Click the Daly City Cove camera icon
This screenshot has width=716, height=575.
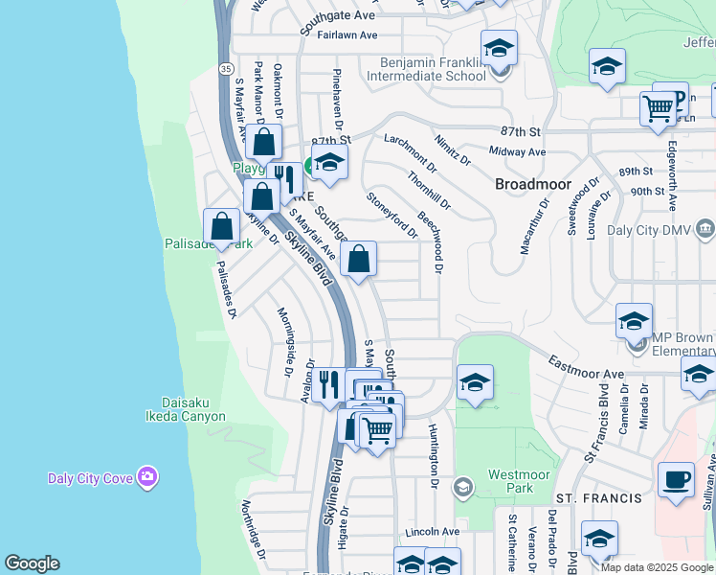(146, 476)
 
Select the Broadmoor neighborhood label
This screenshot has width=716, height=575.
(533, 183)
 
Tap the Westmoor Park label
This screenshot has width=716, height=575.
(518, 481)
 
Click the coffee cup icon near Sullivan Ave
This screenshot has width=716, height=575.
(676, 479)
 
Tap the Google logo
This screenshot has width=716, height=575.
(32, 563)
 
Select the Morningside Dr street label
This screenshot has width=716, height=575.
(284, 340)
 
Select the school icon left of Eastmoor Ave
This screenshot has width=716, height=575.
(475, 383)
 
